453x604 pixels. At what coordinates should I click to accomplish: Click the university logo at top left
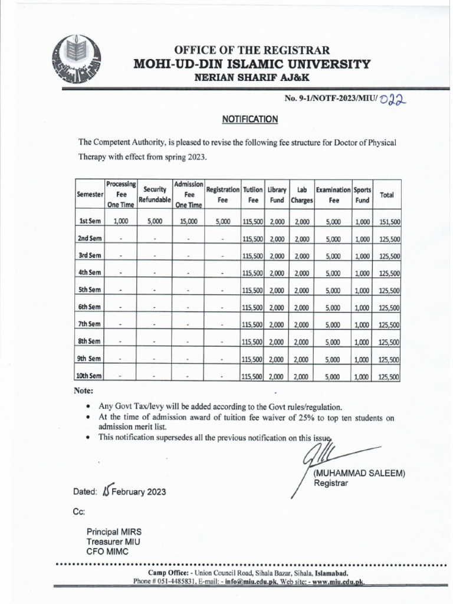(x=77, y=61)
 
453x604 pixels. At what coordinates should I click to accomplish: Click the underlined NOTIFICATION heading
(x=250, y=119)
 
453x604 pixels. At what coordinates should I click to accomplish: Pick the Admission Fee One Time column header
(x=189, y=195)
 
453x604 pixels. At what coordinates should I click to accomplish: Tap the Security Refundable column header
(x=154, y=195)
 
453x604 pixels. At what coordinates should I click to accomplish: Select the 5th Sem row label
(x=90, y=290)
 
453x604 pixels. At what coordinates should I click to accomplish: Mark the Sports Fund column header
(x=362, y=195)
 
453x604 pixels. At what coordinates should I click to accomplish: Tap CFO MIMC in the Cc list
(x=107, y=552)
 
